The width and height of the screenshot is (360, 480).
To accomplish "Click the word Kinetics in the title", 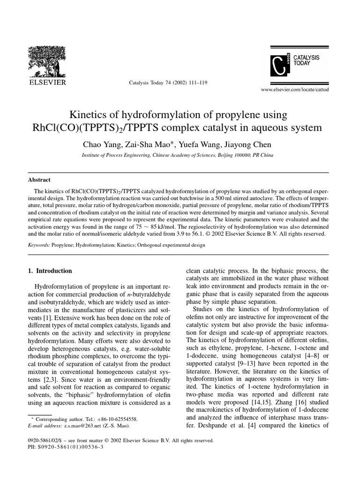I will click(90, 115).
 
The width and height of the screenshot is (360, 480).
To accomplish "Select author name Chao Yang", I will click(100, 144).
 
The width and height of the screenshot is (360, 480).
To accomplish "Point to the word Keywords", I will click(37, 245).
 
